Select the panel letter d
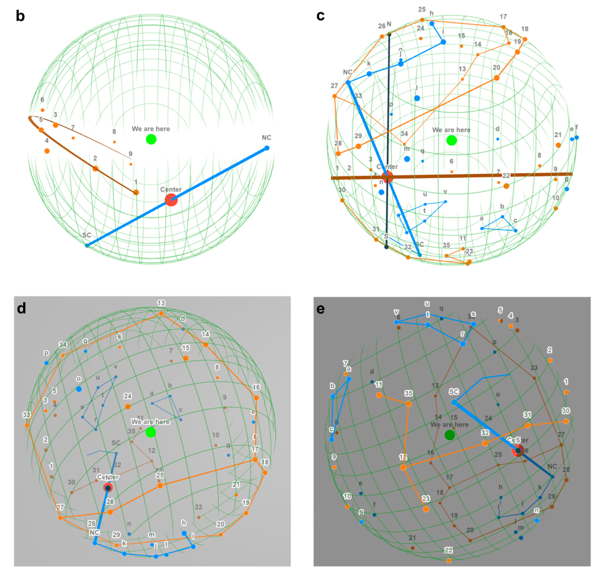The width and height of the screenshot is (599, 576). pos(21,309)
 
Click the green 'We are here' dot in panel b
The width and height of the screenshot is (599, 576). pos(151,139)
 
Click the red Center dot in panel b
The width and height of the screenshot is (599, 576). pos(171,200)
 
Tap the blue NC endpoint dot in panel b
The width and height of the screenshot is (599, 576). pos(267,148)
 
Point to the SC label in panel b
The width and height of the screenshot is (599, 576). pos(87,235)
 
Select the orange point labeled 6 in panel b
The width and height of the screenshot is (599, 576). pos(42,110)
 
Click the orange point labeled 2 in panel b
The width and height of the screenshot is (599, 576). pos(95,169)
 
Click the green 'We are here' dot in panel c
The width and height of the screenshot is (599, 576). pos(451,141)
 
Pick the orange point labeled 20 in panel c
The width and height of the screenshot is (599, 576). pos(497,78)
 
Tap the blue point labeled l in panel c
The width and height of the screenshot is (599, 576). pos(417,98)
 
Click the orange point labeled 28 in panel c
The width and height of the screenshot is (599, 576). pos(338,154)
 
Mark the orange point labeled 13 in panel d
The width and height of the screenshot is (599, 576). pos(161,313)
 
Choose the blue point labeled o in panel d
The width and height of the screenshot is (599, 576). pos(79,389)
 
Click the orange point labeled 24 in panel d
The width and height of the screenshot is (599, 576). pos(128,407)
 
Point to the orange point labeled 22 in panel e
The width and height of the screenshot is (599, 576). pos(448,560)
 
